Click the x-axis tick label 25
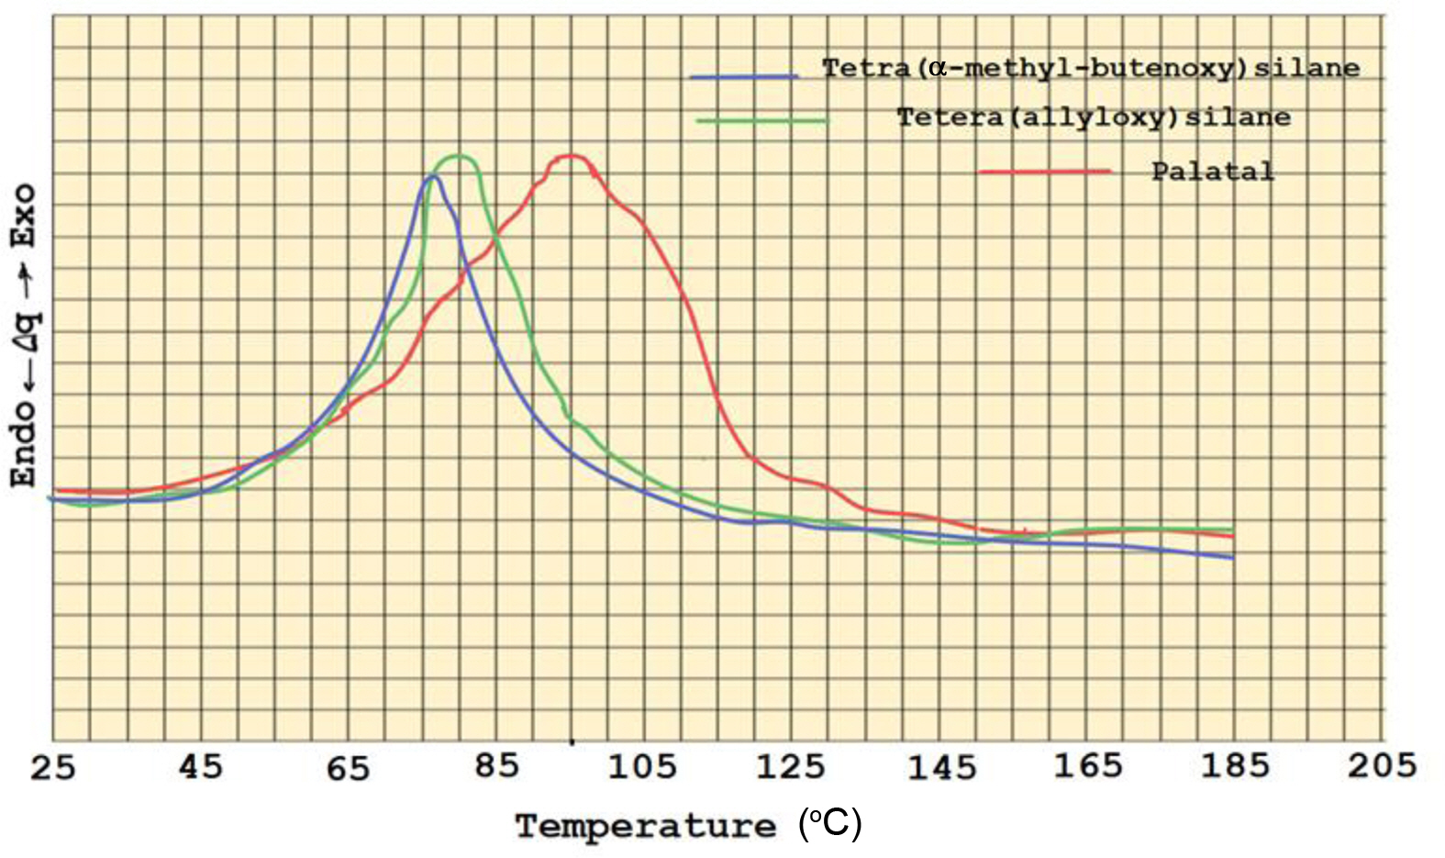click(x=52, y=766)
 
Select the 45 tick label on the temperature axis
click(x=200, y=766)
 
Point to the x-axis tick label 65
click(x=348, y=768)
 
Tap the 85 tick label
click(x=496, y=765)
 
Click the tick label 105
click(x=642, y=766)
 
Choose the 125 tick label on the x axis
click(x=791, y=766)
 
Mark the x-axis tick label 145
click(x=941, y=767)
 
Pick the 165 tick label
click(x=1088, y=765)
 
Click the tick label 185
click(x=1235, y=765)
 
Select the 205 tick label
click(x=1382, y=765)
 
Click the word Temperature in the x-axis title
click(x=646, y=827)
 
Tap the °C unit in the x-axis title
click(x=830, y=824)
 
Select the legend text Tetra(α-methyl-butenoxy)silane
click(x=1090, y=68)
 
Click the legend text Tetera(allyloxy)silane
click(x=1094, y=117)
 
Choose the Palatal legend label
click(x=1213, y=172)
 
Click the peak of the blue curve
click(x=431, y=175)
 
